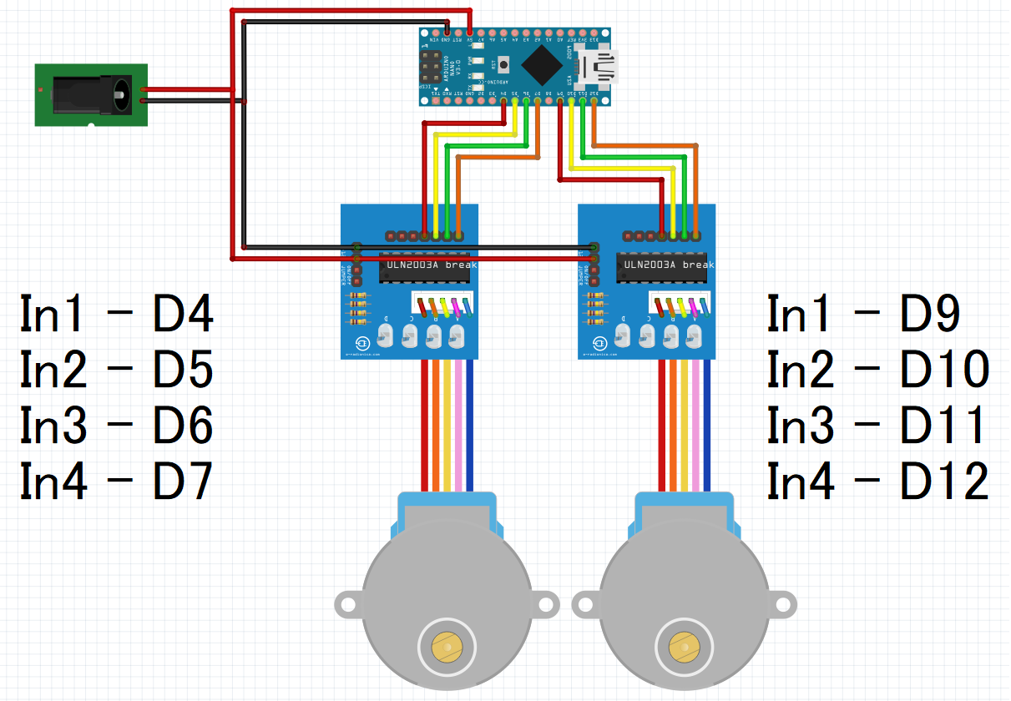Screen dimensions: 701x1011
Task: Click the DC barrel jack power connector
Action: click(x=90, y=94)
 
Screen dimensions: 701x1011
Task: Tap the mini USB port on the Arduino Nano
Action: click(x=599, y=68)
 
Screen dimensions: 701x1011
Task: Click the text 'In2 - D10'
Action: click(x=877, y=370)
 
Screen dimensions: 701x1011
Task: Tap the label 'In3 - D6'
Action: click(x=117, y=425)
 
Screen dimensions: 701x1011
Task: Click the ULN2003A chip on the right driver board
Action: click(x=665, y=265)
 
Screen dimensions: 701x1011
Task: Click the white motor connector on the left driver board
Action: click(x=442, y=306)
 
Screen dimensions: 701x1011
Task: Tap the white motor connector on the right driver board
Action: click(x=680, y=306)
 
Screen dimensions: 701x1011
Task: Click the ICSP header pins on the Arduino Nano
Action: click(x=432, y=66)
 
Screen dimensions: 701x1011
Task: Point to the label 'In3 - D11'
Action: click(x=876, y=425)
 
